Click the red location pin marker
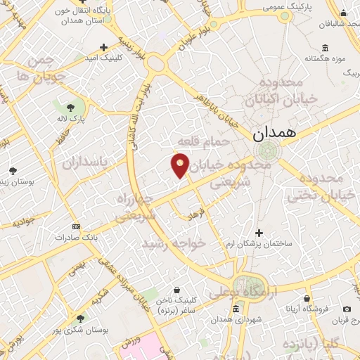point(181,165)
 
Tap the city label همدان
point(273,131)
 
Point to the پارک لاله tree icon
point(70,108)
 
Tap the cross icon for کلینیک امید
point(104,48)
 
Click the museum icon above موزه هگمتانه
point(325,48)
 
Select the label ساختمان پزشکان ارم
point(259,243)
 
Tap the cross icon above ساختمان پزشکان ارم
point(259,233)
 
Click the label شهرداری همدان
point(236,320)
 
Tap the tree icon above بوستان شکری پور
point(79,318)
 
